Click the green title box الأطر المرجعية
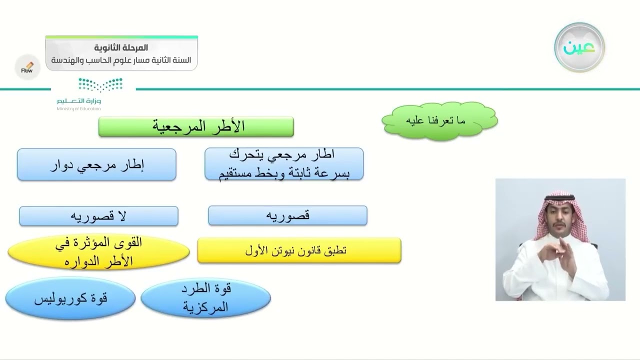coord(196,126)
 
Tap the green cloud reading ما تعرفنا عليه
coord(439,121)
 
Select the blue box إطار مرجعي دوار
coord(96,164)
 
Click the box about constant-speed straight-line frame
coord(284,163)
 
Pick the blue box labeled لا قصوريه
coord(99,216)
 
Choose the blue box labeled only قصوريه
coord(287,215)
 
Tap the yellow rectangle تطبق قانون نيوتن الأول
coord(299,250)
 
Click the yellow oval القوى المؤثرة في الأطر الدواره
coord(98,251)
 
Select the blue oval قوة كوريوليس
coord(70,298)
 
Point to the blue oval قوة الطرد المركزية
coord(205,297)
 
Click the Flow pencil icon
coord(27,67)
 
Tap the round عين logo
coord(579,47)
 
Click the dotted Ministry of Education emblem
coord(100,84)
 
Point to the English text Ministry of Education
coord(79,108)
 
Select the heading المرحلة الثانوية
coord(121,47)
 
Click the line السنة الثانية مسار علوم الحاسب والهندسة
coord(121,60)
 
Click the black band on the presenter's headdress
coord(559,197)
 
